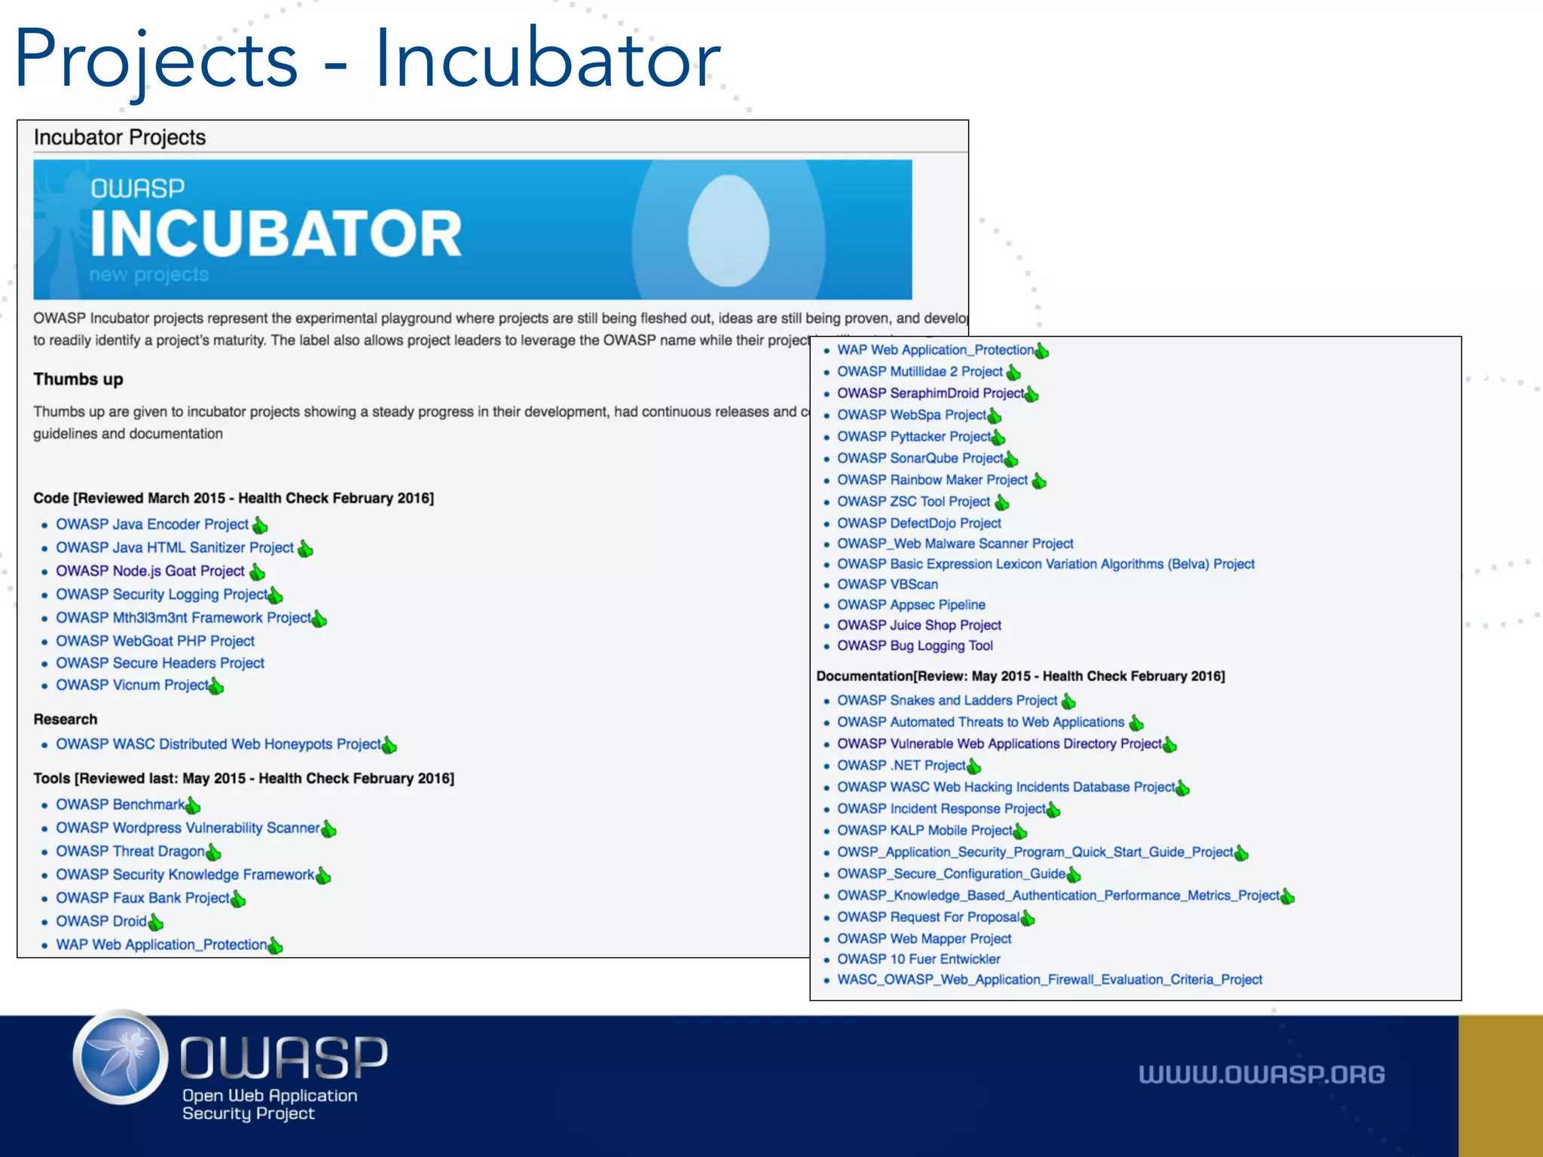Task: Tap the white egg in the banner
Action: click(x=728, y=230)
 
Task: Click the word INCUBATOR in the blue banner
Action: click(x=276, y=234)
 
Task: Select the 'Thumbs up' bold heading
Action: click(x=78, y=379)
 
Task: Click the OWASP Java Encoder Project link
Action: click(x=151, y=524)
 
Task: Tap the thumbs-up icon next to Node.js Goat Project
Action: click(x=258, y=572)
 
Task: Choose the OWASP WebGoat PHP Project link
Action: click(x=155, y=641)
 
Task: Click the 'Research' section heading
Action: click(x=66, y=719)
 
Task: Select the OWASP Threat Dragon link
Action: click(x=130, y=851)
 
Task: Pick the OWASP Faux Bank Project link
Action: click(x=142, y=898)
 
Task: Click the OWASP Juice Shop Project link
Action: click(x=919, y=625)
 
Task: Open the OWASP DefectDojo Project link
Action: click(x=919, y=523)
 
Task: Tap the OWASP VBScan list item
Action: click(x=888, y=585)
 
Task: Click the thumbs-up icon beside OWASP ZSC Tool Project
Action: click(x=1002, y=502)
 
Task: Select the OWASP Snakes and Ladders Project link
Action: click(x=947, y=701)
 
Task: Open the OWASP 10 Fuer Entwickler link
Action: click(x=918, y=959)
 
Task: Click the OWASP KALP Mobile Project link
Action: click(x=924, y=830)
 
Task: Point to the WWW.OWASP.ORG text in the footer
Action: click(x=1261, y=1074)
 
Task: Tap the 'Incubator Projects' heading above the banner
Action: click(x=120, y=137)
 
